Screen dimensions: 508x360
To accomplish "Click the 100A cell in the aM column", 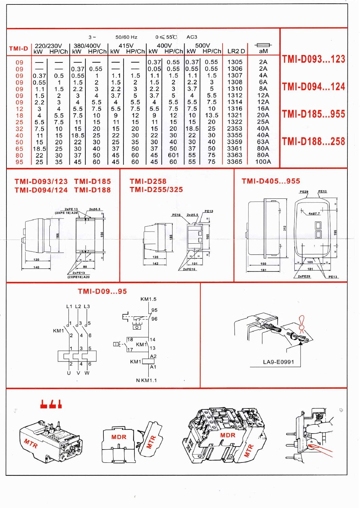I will click(263, 162).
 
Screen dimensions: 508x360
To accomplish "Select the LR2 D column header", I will click(236, 51).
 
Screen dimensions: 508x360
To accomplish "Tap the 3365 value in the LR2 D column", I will click(235, 162).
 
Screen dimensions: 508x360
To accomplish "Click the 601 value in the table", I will click(173, 155).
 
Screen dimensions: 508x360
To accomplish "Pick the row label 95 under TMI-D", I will click(19, 162).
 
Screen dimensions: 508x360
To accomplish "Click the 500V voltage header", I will click(202, 46).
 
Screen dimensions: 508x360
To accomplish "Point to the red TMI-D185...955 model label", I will click(313, 114).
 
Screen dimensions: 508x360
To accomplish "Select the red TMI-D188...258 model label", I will click(313, 141).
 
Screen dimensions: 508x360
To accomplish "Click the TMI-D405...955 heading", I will click(271, 181).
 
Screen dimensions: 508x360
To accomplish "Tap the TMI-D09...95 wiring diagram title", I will click(102, 291).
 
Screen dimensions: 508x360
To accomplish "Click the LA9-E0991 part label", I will click(278, 362).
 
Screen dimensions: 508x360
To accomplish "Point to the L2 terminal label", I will click(78, 306).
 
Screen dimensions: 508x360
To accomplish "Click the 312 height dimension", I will click(285, 228).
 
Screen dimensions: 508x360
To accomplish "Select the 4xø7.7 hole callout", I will click(314, 213).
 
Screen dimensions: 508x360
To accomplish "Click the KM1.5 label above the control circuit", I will click(148, 299).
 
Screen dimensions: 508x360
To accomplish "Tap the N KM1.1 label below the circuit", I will click(146, 380).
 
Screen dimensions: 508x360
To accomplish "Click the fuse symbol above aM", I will click(263, 45).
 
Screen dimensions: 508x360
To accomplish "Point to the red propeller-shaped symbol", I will click(301, 323).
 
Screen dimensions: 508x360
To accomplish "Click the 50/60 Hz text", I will click(126, 37).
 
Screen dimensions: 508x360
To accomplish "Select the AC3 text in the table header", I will click(192, 37).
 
